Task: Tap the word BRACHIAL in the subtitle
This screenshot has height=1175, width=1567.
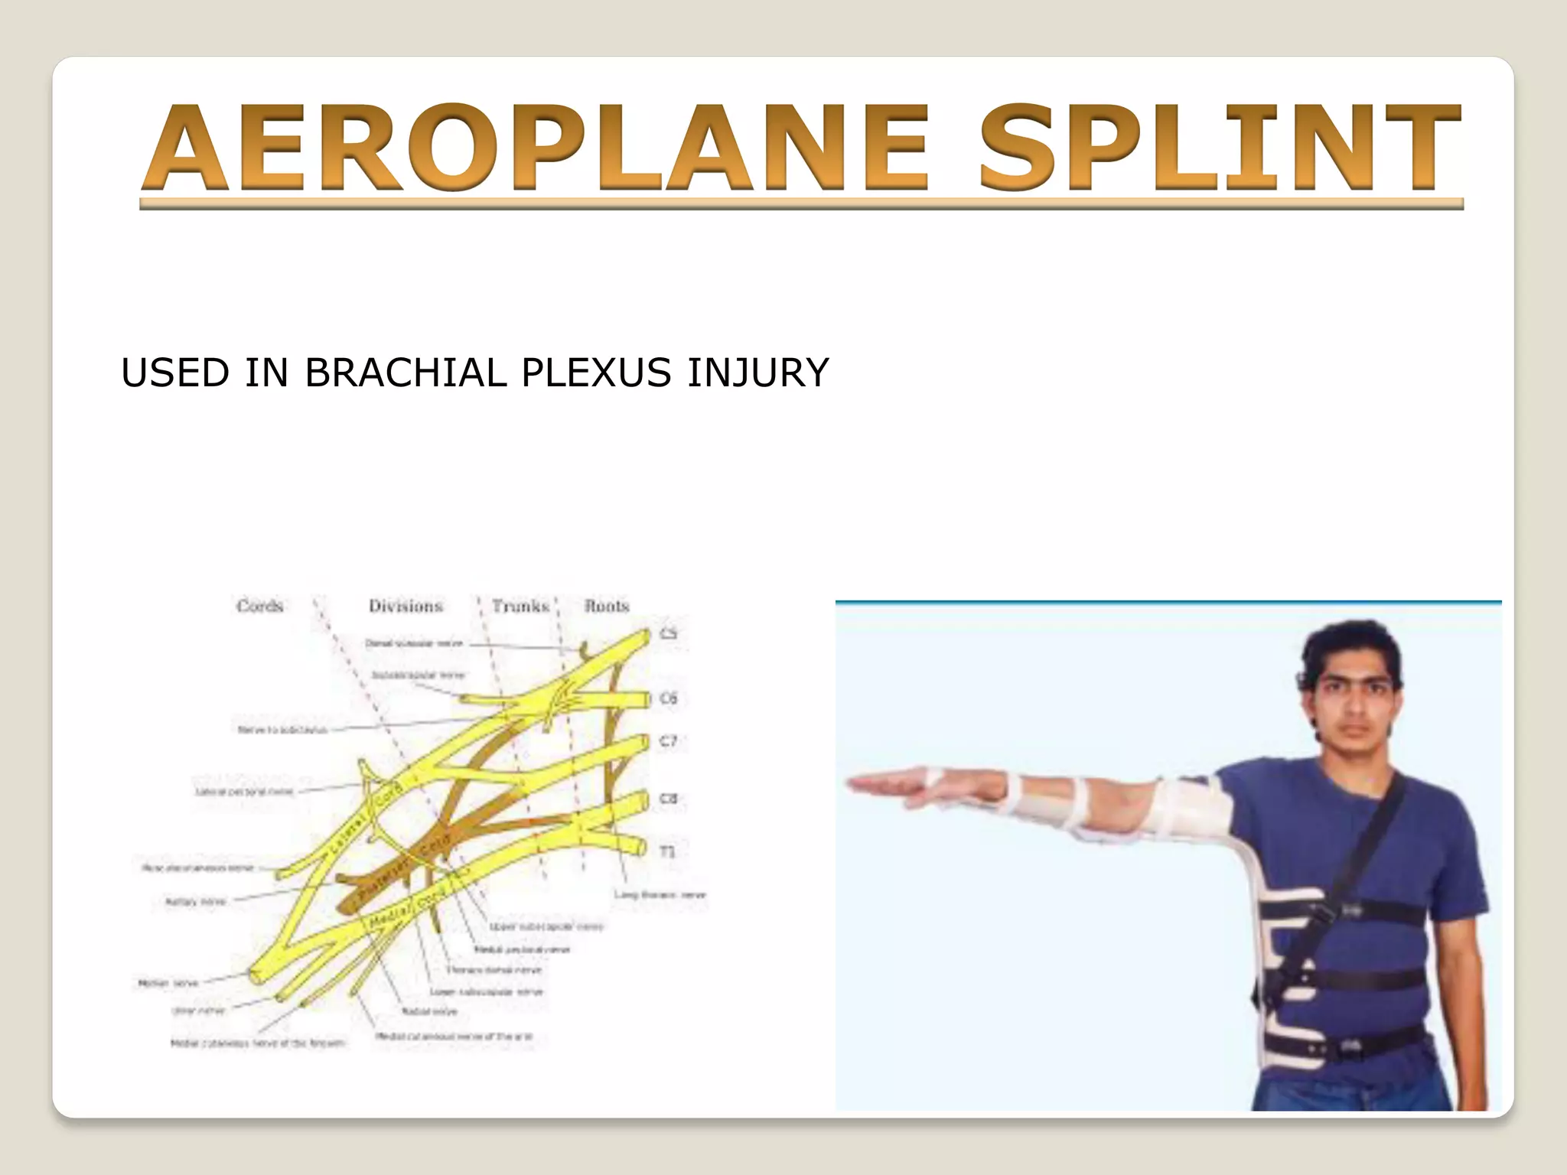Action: coord(405,373)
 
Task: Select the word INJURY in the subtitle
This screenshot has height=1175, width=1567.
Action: coord(757,373)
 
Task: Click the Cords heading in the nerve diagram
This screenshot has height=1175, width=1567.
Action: coord(260,606)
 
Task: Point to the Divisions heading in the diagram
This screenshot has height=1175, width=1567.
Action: coord(406,606)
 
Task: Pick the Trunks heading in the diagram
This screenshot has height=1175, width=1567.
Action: coord(520,606)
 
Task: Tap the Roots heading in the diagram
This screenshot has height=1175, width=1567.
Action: coord(607,606)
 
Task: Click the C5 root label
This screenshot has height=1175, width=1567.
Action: coord(669,633)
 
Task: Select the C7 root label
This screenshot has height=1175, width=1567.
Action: coord(669,740)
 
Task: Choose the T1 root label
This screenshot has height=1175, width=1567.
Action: coord(668,851)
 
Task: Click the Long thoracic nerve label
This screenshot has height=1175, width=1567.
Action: coord(660,894)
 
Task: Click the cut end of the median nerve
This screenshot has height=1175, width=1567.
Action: coord(256,977)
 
